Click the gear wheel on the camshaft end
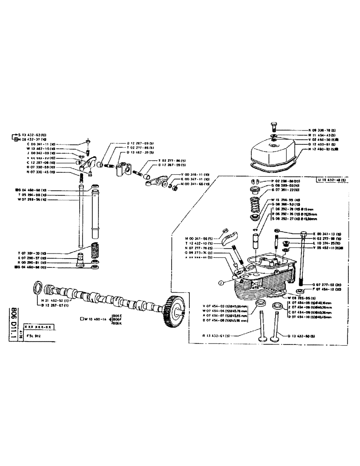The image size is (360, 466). pos(172,309)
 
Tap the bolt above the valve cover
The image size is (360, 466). pos(274,126)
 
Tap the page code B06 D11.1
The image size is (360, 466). pos(14,323)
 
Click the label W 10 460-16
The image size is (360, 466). pos(96,319)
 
